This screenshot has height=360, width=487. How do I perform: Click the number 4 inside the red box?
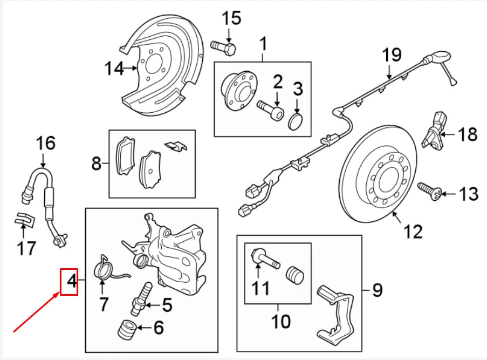pyautogui.click(x=69, y=281)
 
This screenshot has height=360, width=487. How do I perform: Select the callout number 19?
pyautogui.click(x=393, y=55)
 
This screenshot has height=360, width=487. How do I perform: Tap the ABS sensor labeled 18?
pyautogui.click(x=436, y=130)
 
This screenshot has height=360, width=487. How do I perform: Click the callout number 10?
pyautogui.click(x=281, y=322)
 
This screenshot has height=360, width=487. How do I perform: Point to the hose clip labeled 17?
pyautogui.click(x=24, y=221)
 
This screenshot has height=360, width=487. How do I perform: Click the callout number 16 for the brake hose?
pyautogui.click(x=46, y=144)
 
